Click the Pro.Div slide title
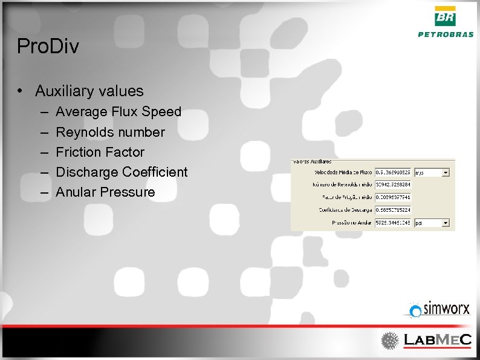point(48,47)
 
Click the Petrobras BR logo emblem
point(446,16)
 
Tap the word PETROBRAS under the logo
point(446,34)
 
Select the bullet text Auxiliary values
point(89,91)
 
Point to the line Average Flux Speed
point(118,112)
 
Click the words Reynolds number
point(110,132)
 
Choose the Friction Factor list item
point(100,152)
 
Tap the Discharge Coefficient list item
point(122,172)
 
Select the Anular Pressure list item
point(105,192)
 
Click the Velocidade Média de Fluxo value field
point(392,172)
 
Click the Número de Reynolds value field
point(392,185)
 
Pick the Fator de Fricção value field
point(392,197)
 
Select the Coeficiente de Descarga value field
point(392,210)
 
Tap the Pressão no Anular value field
point(392,223)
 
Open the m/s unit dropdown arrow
point(446,172)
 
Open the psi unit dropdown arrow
point(446,223)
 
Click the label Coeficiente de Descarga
point(345,210)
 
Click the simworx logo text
point(446,309)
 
